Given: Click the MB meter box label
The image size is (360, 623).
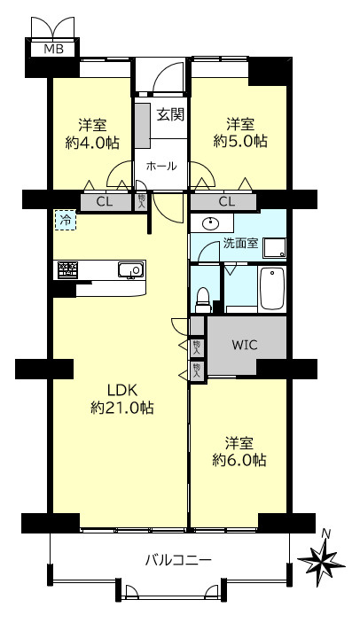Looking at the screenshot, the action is [x=53, y=50].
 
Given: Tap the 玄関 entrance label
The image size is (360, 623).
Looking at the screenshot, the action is [x=171, y=115].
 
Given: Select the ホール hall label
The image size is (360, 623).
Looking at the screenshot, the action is [x=161, y=166].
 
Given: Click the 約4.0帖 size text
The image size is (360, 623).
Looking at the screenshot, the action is [x=92, y=142].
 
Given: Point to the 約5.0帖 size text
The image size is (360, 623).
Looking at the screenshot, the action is [x=240, y=141].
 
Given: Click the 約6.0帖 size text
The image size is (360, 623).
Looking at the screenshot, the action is [x=239, y=460].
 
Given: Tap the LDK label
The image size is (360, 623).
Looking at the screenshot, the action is [x=122, y=391].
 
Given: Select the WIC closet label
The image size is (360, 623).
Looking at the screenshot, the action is [x=245, y=345].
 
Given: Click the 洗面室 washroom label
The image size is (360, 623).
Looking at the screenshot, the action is [x=241, y=243].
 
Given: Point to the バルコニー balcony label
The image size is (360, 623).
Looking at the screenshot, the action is [x=178, y=561].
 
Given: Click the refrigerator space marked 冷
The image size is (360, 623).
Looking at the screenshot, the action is [x=65, y=220].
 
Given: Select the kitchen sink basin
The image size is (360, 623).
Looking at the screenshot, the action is [x=130, y=270].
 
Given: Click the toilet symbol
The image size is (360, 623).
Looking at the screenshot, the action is [x=203, y=300].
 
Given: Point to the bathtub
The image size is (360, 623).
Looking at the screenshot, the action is [x=272, y=288].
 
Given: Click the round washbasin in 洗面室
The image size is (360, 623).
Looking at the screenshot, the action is [x=211, y=224].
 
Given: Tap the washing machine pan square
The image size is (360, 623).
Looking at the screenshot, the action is [x=275, y=247].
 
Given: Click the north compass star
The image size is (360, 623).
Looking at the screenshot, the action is [x=322, y=560].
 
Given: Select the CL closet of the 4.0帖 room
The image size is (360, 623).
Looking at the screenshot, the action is [x=105, y=202].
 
